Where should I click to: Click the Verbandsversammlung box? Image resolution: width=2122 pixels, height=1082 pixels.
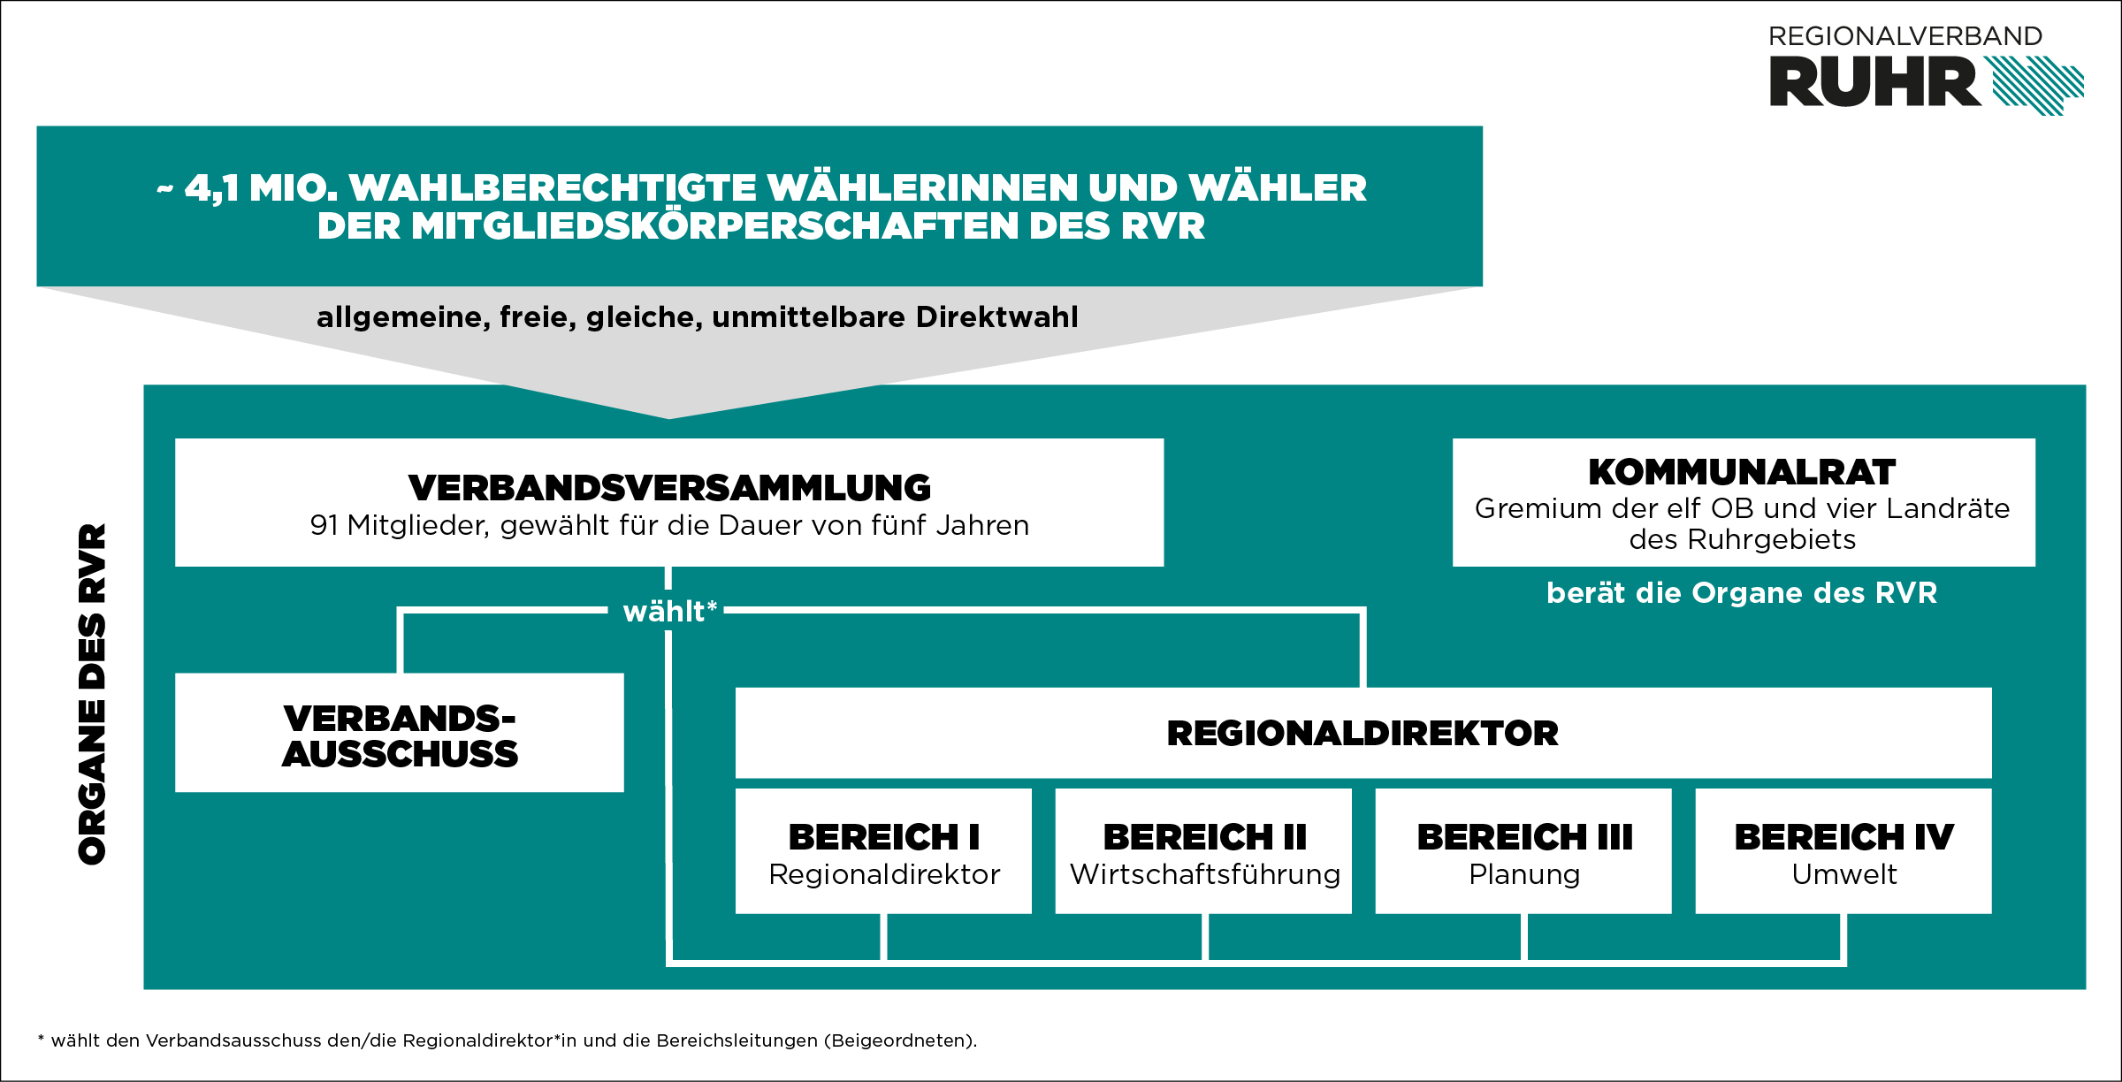tap(669, 502)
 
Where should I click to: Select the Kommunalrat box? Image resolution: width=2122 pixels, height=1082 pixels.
tap(1744, 502)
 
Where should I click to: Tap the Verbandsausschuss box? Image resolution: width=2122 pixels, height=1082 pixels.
tap(400, 733)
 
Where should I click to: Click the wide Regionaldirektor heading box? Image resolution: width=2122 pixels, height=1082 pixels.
tap(1363, 733)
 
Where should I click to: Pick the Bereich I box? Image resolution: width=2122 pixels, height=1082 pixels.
tap(883, 850)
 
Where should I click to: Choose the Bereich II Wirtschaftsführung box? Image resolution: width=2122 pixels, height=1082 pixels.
tap(1203, 850)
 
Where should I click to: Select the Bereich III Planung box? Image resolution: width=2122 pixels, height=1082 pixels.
tap(1523, 850)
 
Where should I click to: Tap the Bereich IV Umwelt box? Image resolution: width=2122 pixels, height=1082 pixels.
tap(1843, 850)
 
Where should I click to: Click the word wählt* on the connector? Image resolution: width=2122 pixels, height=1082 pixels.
tap(669, 611)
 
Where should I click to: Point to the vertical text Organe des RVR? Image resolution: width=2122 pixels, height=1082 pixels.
tap(93, 694)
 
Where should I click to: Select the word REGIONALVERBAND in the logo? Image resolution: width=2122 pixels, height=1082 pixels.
tap(1905, 36)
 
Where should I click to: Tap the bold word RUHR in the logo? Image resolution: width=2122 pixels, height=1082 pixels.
tap(1874, 82)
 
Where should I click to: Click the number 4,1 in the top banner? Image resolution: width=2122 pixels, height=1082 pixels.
tap(211, 189)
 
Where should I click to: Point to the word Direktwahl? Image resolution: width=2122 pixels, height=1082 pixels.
tap(997, 316)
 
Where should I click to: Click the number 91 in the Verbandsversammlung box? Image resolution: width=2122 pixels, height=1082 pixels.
tap(324, 525)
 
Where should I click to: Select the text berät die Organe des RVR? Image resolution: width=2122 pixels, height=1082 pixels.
tap(1742, 592)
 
